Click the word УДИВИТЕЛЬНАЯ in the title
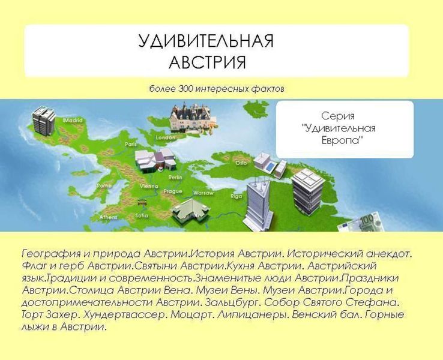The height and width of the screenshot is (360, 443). tap(205, 41)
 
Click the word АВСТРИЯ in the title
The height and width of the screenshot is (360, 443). tap(207, 62)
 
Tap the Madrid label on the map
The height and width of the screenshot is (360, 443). tap(73, 120)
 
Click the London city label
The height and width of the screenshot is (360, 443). tap(165, 137)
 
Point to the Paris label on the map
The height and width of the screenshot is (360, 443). tap(131, 144)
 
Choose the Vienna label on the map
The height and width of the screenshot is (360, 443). tap(148, 187)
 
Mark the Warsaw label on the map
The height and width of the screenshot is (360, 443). tap(203, 193)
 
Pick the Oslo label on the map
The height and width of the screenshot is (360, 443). tap(240, 163)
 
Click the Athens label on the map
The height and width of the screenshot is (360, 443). tap(108, 217)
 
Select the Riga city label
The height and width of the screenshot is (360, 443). tap(237, 196)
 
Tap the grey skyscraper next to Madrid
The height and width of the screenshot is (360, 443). tap(44, 120)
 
